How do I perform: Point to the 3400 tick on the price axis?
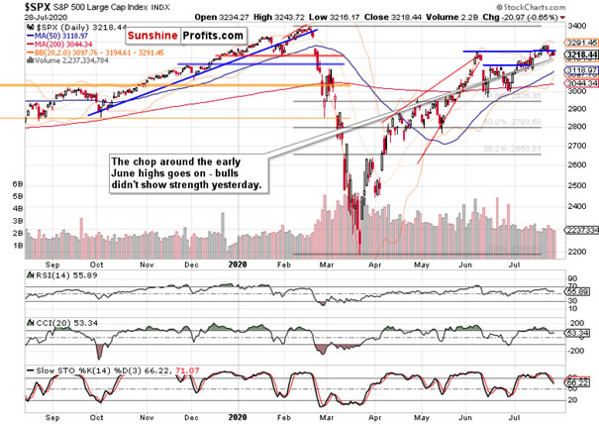tap(573, 20)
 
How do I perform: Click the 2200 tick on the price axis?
tap(573, 253)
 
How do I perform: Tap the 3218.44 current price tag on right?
tap(580, 54)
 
